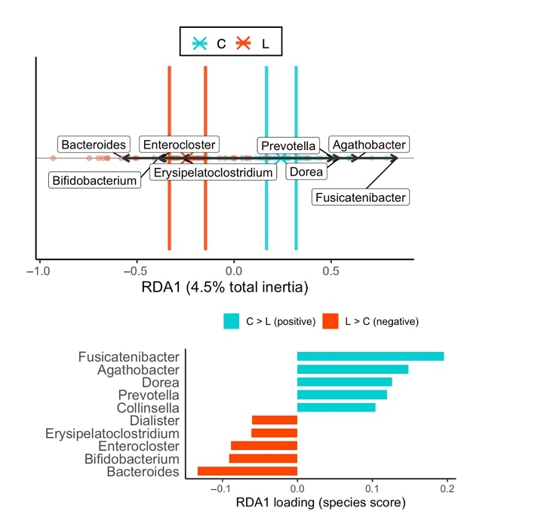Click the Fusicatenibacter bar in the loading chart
370,356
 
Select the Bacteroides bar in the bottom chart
247,471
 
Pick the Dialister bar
275,420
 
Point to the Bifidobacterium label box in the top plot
95,180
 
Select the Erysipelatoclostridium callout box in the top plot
212,173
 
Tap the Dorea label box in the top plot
306,171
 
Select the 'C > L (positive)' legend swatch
231,321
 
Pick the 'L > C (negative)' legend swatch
330,321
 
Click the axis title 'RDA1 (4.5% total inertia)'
225,287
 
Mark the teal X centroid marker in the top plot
281,158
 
